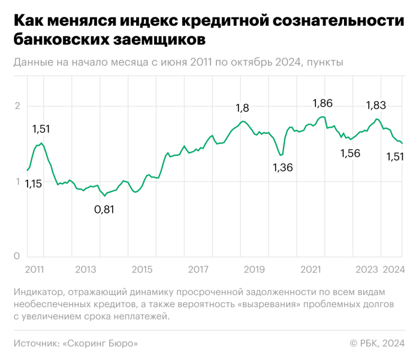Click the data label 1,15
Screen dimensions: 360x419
(34, 184)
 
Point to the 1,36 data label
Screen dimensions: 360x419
(282, 167)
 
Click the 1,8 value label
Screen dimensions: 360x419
(242, 109)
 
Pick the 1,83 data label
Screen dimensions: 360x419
(376, 106)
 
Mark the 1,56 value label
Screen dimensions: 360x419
(350, 153)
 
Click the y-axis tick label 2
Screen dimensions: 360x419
(18, 107)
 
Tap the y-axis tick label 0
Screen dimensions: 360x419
(18, 256)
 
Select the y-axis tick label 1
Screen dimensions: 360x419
(18, 182)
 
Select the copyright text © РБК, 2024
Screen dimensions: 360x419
(378, 344)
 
